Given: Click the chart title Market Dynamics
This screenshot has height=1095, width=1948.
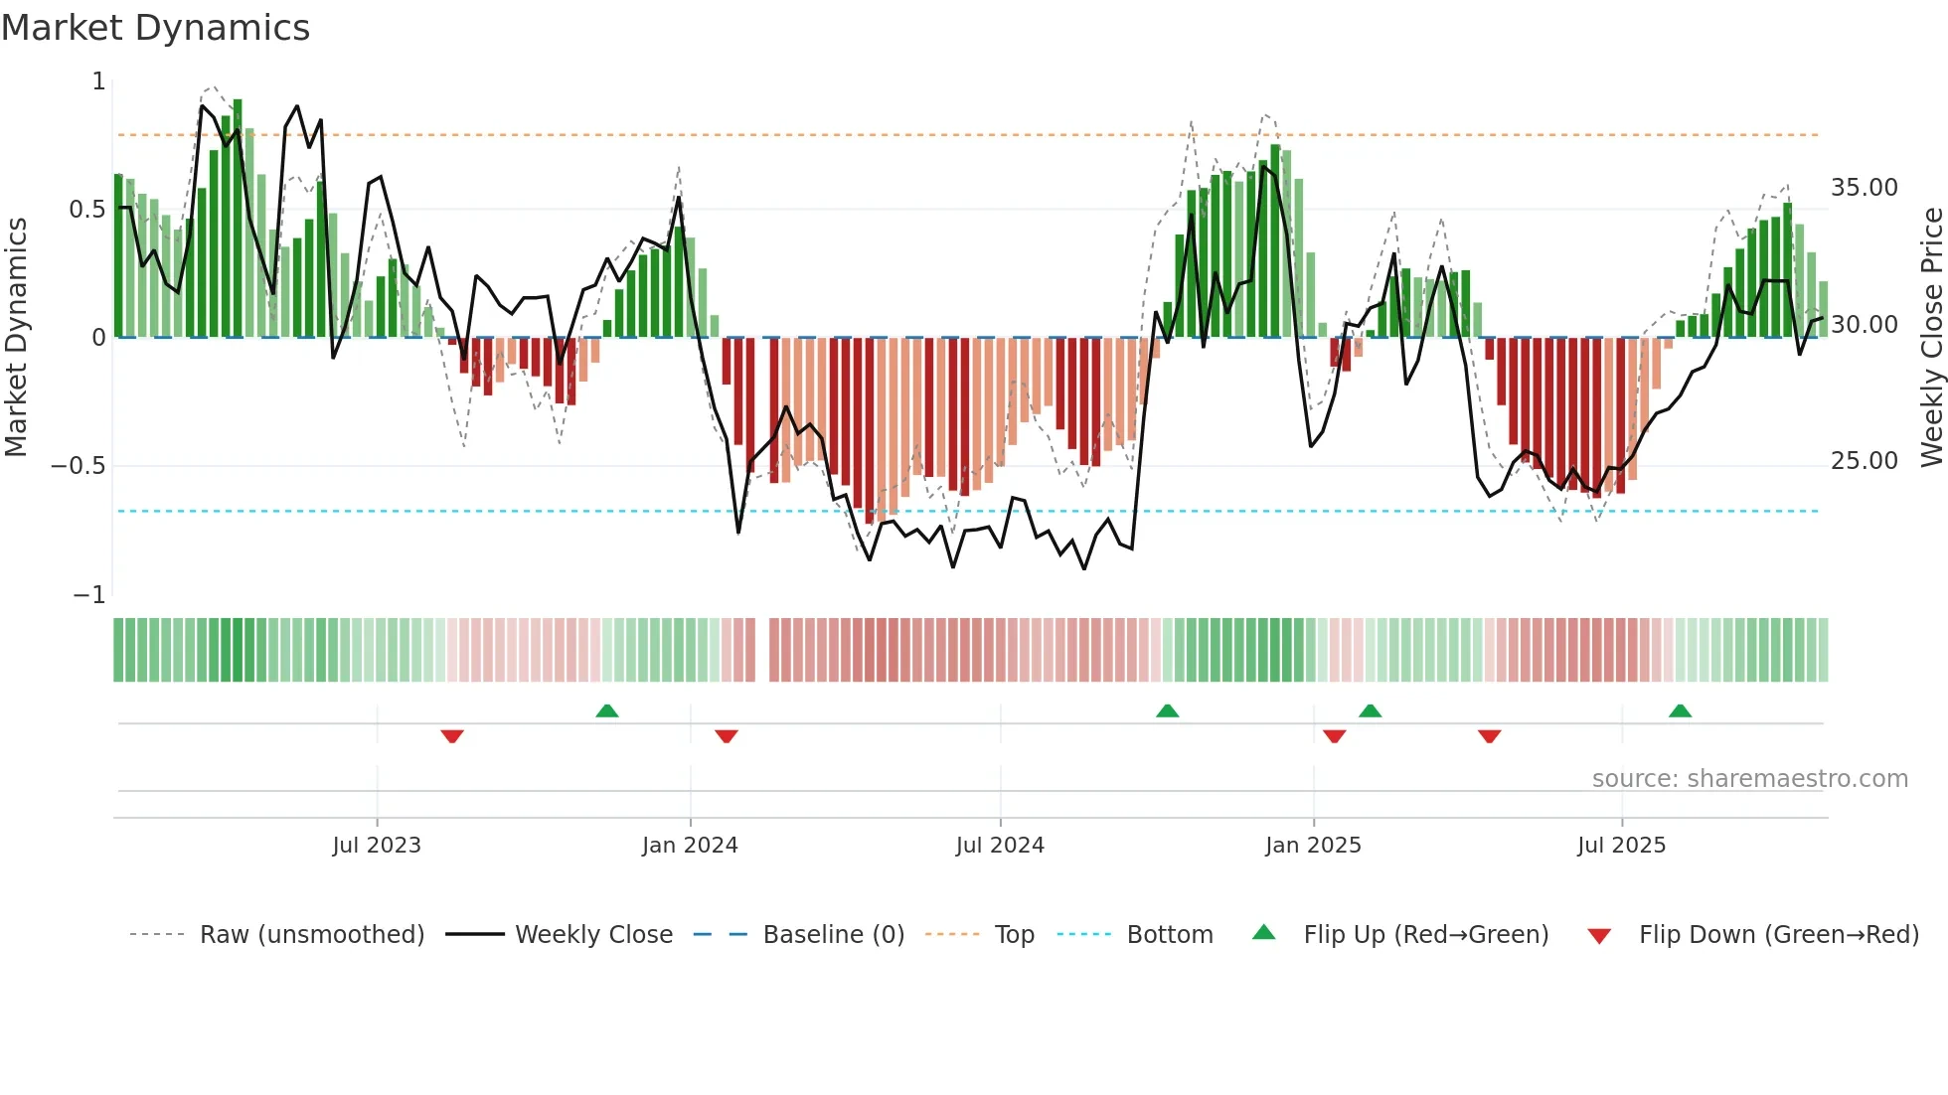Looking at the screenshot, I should pos(155,28).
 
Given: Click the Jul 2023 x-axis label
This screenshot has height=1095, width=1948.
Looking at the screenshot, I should pos(377,846).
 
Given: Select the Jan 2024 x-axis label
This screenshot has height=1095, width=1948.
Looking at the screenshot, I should pos(690,846).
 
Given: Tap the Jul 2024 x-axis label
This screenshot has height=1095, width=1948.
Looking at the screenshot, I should pos(1000,846).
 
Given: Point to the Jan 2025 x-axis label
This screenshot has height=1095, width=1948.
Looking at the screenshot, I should pos(1313,846).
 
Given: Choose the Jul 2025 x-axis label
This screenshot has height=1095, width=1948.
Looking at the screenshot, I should pos(1621,846).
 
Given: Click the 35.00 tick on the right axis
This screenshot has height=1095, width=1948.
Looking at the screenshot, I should pos(1864,188).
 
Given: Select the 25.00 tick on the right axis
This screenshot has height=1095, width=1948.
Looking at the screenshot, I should pos(1864,461).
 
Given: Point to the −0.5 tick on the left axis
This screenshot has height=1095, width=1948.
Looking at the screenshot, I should pos(79,466).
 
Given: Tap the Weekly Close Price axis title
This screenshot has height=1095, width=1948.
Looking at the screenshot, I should pos(1931,337).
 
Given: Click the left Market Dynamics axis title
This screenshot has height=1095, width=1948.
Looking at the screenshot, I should pos(16,337).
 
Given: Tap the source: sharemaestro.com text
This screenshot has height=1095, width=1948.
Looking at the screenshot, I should pos(1749,779).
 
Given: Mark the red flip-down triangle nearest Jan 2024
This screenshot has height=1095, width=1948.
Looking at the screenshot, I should pos(727,736).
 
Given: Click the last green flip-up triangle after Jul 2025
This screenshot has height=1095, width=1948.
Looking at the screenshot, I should pos(1680,710).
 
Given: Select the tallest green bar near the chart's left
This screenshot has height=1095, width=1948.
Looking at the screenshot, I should pos(238,219).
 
